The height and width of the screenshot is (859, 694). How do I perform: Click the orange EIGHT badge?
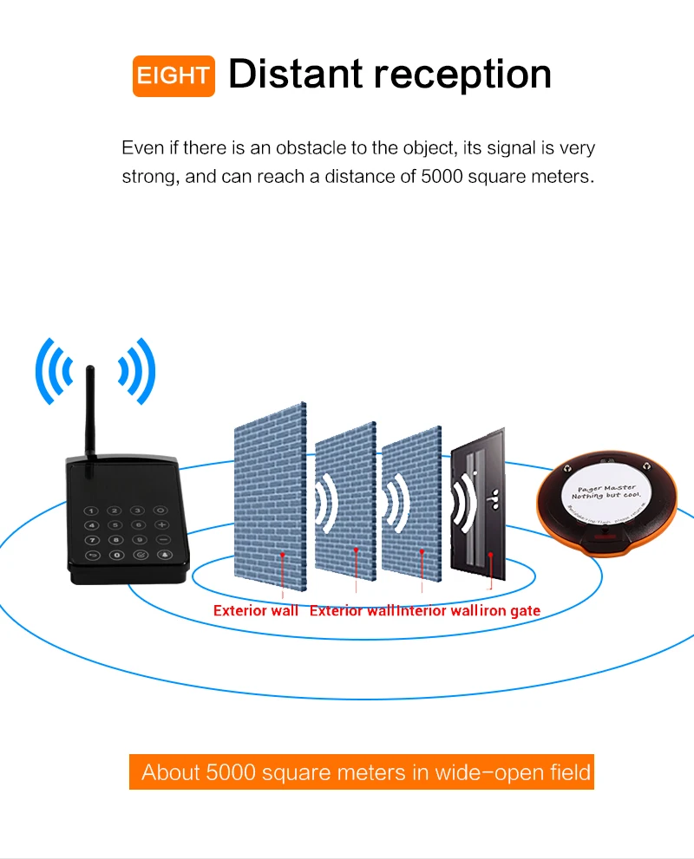point(173,75)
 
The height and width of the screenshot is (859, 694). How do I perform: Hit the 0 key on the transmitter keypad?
point(117,554)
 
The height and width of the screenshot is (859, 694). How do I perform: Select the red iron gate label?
point(510,611)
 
